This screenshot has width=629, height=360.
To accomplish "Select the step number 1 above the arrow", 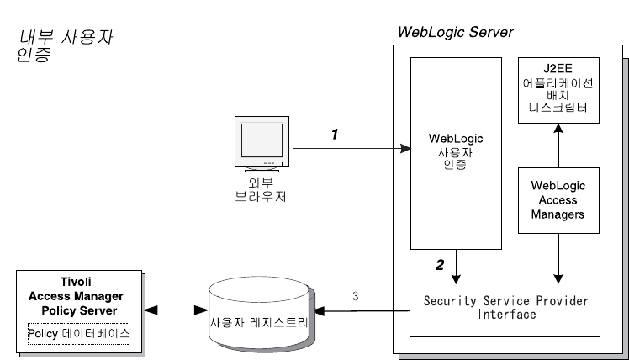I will tap(334, 134).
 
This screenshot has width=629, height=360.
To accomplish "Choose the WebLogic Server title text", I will tap(454, 32).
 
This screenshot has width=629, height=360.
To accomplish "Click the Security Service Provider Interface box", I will tap(505, 307).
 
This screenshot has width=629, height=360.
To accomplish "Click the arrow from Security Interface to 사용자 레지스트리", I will tap(362, 310).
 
